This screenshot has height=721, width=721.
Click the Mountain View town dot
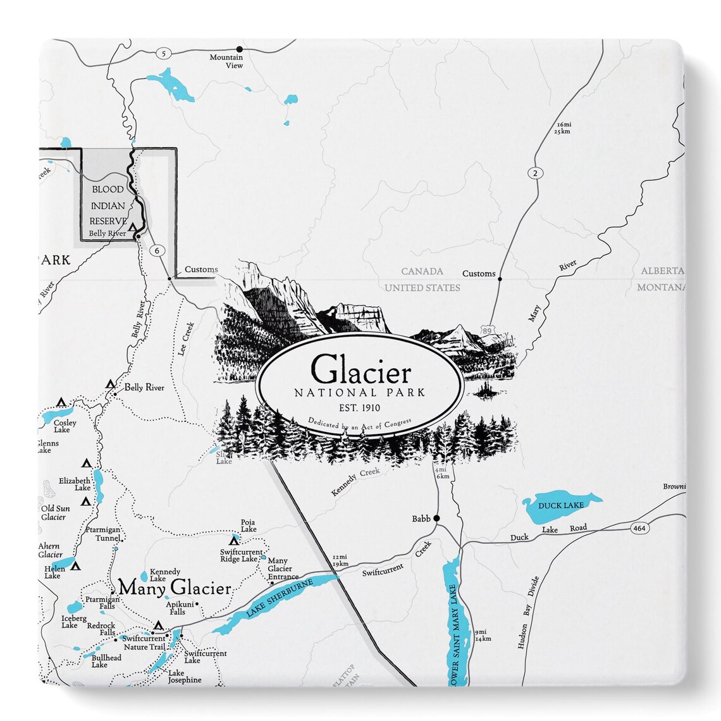pos(239,49)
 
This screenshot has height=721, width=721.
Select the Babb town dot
pos(436,519)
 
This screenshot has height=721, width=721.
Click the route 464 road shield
pos(638,526)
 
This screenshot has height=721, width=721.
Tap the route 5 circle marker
pos(164,54)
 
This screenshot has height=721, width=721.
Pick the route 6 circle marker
pos(156,250)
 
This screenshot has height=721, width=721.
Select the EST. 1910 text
pos(360,407)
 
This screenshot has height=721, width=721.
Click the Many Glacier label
pos(175,588)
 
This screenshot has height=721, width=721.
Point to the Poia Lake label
pos(248,526)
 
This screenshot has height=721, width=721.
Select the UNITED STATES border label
pos(422,288)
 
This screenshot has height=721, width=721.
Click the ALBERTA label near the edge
pos(662,271)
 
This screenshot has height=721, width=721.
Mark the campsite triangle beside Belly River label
pos(111,384)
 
